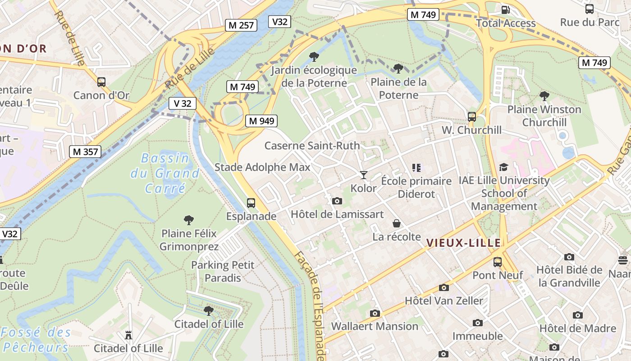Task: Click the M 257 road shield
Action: [x=241, y=25]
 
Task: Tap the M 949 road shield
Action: [x=261, y=121]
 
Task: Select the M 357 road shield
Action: [x=85, y=152]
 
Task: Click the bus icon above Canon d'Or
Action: [x=101, y=82]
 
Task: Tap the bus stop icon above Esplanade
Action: [x=251, y=203]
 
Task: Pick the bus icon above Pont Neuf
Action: [x=498, y=262]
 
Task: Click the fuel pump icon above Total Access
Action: [x=506, y=9]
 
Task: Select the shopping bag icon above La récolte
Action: [x=397, y=223]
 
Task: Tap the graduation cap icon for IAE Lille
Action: [x=503, y=167]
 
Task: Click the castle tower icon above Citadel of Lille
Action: [x=128, y=335]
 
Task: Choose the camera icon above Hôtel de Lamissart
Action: [x=337, y=201]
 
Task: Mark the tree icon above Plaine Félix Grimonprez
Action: [x=189, y=220]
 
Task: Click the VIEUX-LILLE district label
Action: [x=463, y=243]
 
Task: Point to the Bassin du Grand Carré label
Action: [x=165, y=173]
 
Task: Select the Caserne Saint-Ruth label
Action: [x=312, y=146]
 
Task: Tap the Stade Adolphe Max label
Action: [x=262, y=167]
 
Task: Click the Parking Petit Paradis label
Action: [x=223, y=271]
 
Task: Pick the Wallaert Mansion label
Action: [x=375, y=326]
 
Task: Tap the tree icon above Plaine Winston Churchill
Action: [x=544, y=96]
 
